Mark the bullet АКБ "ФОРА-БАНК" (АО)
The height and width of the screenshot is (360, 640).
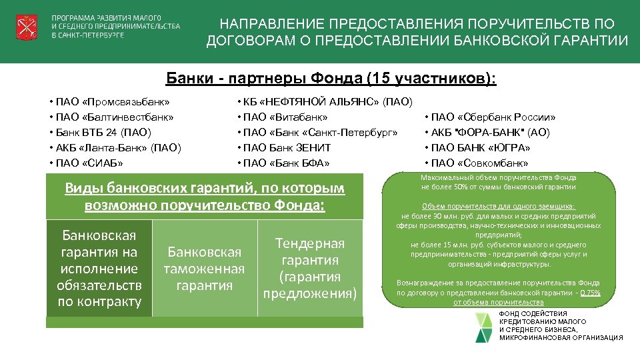pos(489,133)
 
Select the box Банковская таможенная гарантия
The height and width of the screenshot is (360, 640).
pos(205,269)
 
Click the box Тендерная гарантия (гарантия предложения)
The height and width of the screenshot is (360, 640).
pos(311,269)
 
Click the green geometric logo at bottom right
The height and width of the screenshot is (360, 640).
pos(486,326)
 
